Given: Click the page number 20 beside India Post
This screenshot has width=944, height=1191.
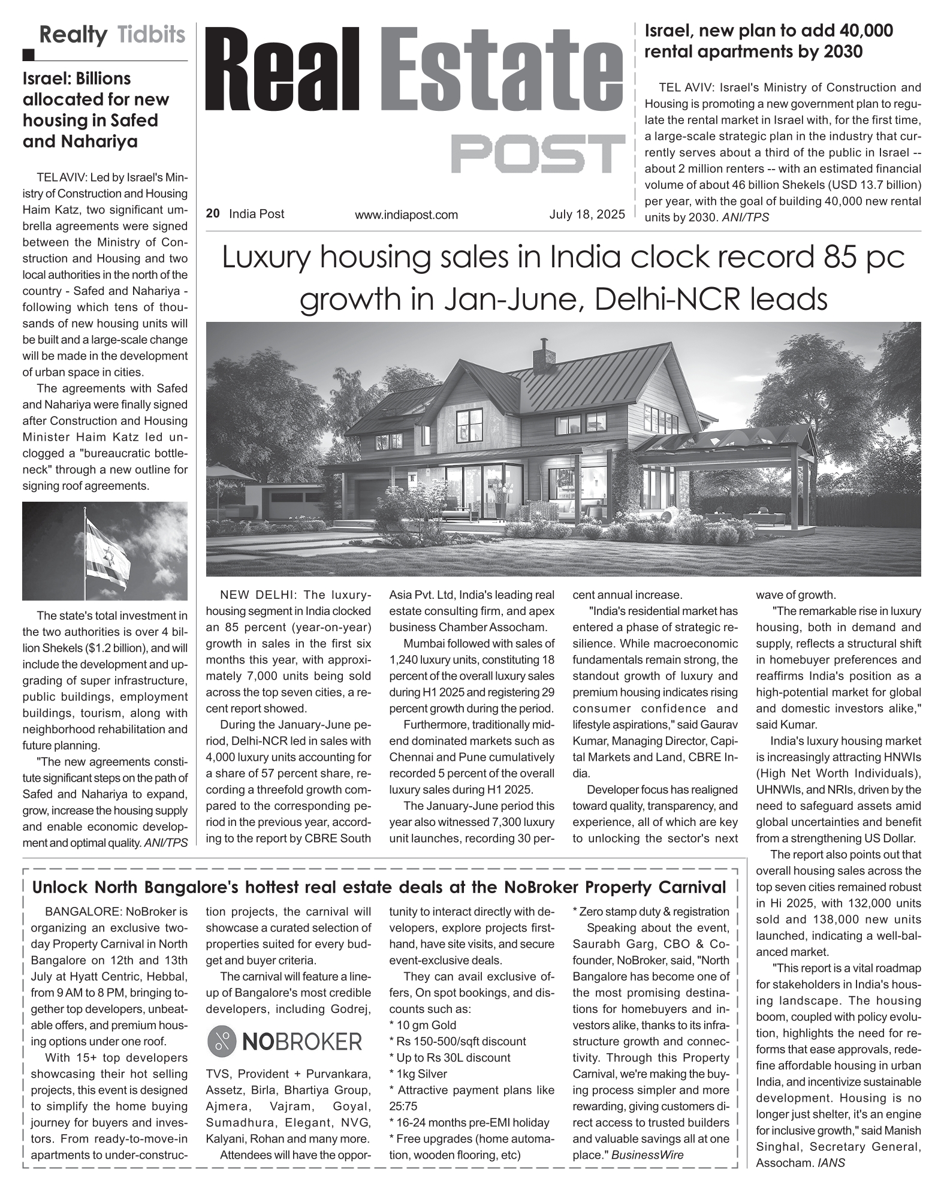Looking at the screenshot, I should click(x=212, y=214).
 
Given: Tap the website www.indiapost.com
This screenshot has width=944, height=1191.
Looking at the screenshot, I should click(x=406, y=215).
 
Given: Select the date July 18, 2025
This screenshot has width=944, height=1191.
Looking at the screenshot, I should click(x=587, y=214).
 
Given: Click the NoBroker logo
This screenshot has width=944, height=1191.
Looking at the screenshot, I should click(x=285, y=1042).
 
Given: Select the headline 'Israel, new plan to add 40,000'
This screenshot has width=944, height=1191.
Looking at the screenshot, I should click(x=768, y=31).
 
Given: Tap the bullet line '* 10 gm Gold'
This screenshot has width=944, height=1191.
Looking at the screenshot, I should click(x=423, y=1025).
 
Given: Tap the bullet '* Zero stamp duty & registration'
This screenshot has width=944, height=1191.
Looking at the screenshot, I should click(x=651, y=912).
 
